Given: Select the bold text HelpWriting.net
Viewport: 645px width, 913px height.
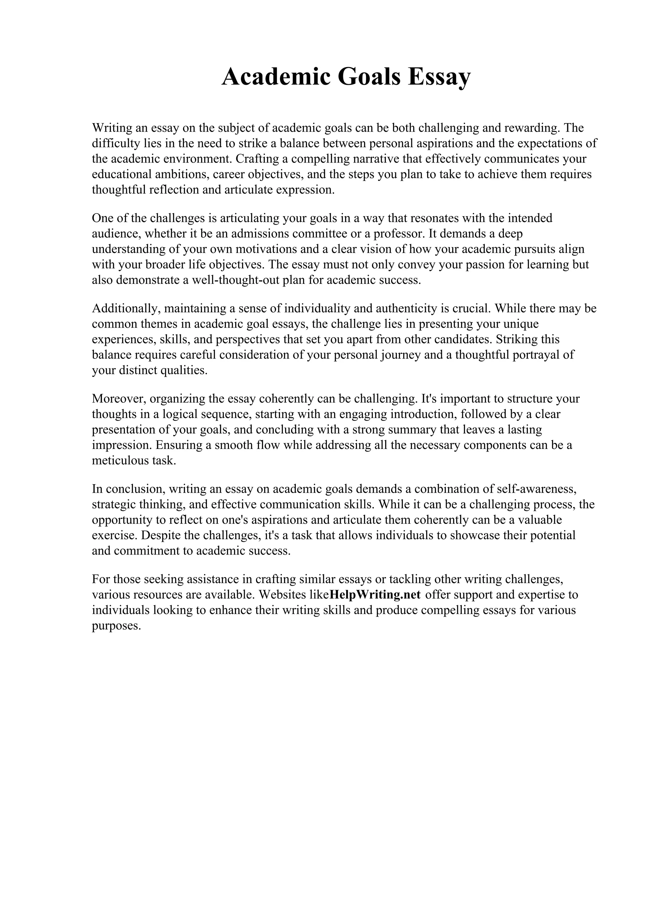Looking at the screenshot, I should click(375, 594).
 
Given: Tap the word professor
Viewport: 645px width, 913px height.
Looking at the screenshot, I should click(395, 233).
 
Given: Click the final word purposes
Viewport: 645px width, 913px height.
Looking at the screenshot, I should click(117, 625).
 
